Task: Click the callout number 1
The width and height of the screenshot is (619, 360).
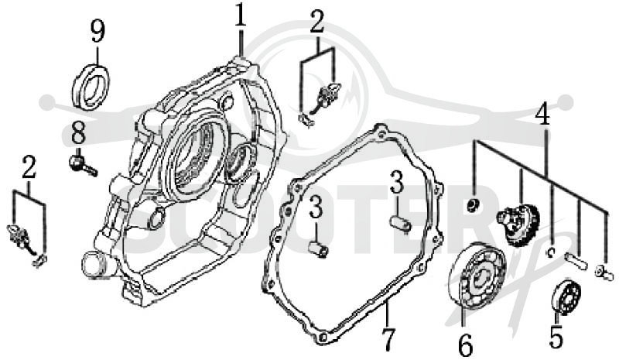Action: [241, 15]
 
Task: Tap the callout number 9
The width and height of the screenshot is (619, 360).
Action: [98, 31]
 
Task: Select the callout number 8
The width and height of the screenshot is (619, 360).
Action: [78, 133]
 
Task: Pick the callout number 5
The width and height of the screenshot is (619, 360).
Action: [556, 336]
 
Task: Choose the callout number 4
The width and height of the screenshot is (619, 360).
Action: [543, 113]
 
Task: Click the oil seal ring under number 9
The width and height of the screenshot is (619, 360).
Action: [91, 87]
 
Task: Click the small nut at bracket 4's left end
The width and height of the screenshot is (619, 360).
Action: [472, 205]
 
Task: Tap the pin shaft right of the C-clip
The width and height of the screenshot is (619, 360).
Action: [576, 260]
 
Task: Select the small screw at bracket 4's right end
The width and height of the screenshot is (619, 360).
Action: [604, 273]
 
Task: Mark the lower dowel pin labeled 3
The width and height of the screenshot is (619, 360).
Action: [318, 250]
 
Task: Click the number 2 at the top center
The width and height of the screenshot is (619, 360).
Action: [317, 22]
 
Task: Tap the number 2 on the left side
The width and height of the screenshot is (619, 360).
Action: [29, 167]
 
